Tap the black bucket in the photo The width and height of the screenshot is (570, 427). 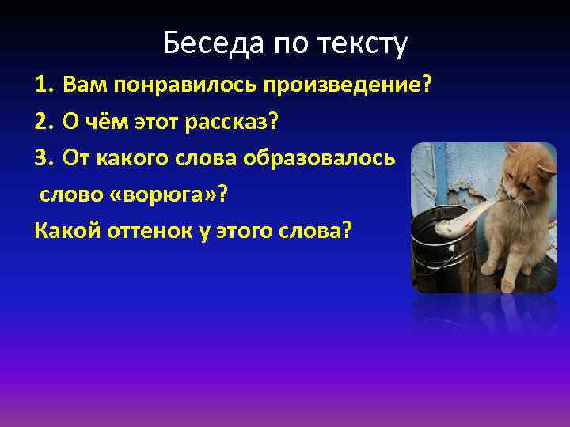click(439, 245)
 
